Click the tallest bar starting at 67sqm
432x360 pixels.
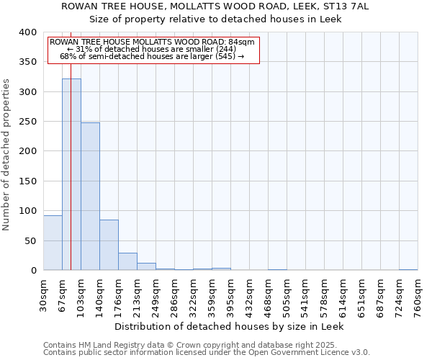click(x=71, y=174)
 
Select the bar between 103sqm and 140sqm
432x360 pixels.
click(x=90, y=197)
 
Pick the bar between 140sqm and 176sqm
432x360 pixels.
click(x=109, y=245)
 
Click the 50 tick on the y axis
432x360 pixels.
click(x=30, y=240)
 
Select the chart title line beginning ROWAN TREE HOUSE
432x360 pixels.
click(x=215, y=6)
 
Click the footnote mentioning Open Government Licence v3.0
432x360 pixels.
click(x=207, y=353)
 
